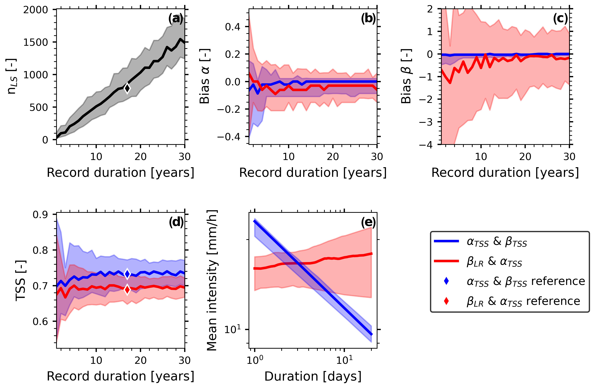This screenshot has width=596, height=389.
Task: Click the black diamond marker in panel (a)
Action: [x=127, y=88]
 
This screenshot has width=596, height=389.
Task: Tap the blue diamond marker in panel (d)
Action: [x=127, y=274]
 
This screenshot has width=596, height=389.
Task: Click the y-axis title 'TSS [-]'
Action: [x=21, y=280]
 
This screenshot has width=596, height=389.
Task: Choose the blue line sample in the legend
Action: [x=446, y=241]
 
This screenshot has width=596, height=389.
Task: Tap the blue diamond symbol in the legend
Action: [x=446, y=281]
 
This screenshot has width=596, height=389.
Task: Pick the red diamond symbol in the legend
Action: [x=446, y=301]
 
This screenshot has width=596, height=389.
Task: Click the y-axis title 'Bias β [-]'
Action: [x=406, y=76]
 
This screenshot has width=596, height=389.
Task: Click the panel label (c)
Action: [x=560, y=19]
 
